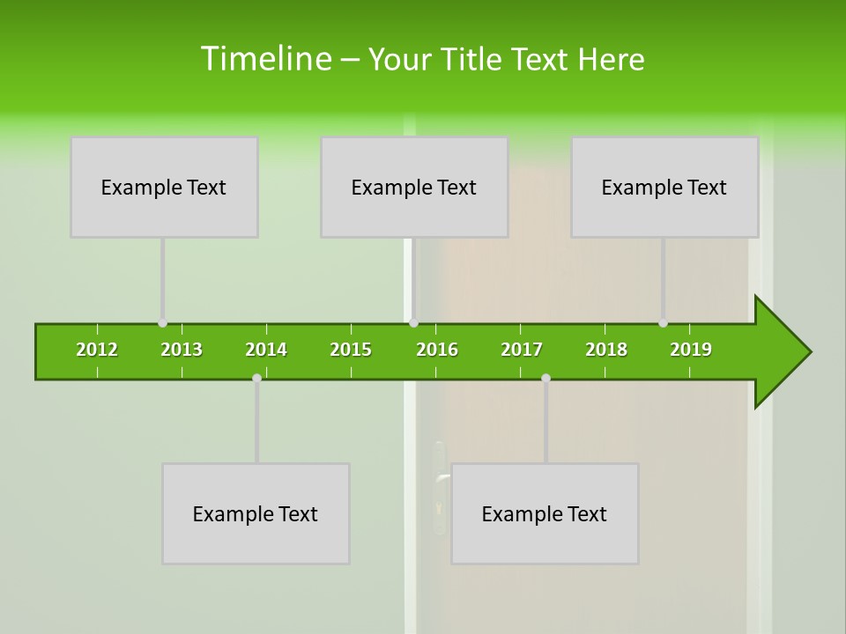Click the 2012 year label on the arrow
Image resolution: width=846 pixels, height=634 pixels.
[97, 350]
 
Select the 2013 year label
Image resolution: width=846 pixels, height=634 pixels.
[182, 350]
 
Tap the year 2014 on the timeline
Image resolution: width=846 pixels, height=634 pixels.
[266, 350]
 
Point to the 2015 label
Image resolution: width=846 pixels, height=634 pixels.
[351, 350]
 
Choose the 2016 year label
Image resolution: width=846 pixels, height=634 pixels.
[437, 350]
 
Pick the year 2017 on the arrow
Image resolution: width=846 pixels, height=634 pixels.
[522, 350]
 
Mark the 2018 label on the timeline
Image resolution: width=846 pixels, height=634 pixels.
[606, 350]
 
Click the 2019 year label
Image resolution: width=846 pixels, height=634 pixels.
[691, 350]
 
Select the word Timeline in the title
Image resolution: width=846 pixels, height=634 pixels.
[264, 59]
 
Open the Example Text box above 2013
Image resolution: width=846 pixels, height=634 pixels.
[164, 187]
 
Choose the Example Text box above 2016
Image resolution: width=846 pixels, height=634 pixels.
[414, 187]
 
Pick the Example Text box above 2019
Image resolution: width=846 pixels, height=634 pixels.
[664, 187]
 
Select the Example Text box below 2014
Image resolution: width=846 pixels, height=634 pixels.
[256, 513]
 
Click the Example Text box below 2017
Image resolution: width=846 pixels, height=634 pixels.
[545, 513]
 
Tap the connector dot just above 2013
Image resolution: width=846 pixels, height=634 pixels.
[162, 323]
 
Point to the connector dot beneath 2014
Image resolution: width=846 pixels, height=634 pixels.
[256, 379]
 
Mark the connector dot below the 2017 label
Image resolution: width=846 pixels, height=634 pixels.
[545, 379]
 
